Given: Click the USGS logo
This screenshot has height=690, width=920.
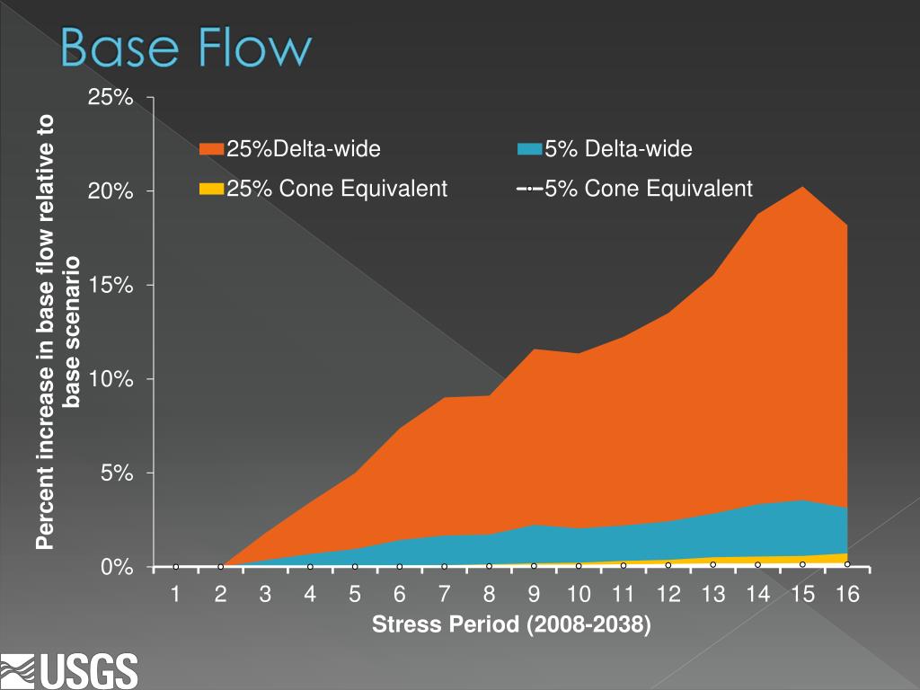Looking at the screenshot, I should pos(70,669).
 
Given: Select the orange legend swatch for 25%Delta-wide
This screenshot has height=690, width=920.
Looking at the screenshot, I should pos(211,149).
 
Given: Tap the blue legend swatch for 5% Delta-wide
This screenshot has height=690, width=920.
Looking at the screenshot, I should pos(530,149).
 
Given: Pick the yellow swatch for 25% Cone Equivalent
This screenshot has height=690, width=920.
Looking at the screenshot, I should pos(211,189).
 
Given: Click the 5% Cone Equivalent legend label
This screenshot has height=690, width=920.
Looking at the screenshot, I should pos(648,189).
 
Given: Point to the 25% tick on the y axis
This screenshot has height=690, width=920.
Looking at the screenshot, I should pos(111,97).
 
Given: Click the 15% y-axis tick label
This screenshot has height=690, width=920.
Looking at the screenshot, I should pos(111,285).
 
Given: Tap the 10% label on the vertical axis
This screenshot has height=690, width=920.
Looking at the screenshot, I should pos(111,379).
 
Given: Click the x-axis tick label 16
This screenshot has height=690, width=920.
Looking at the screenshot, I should pos(847,594).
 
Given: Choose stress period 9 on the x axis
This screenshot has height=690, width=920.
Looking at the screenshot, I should pos(534,594).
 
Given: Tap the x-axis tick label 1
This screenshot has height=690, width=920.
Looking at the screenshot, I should pos(176,594).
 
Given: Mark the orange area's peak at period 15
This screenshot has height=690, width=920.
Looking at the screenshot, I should pos(802,188).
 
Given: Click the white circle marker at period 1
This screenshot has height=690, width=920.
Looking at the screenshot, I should pos(176,567).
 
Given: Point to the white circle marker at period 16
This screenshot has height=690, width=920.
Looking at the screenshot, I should pos(847,564).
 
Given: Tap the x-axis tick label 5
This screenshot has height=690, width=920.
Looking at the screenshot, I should pos(355,594).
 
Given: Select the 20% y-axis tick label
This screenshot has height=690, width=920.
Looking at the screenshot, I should pos(111,191).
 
